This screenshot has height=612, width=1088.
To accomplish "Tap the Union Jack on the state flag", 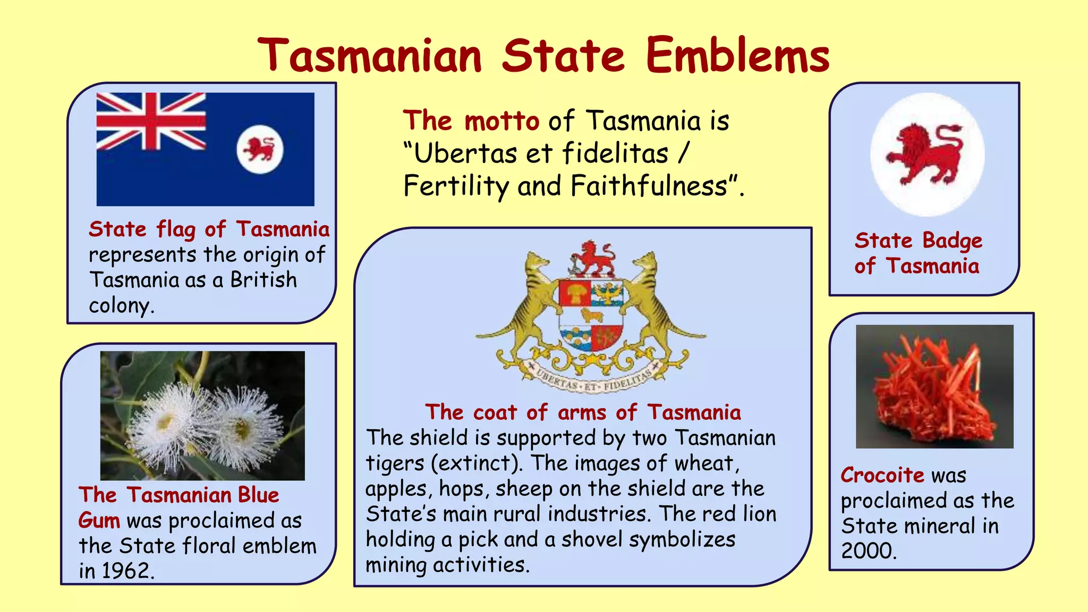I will click(151, 122).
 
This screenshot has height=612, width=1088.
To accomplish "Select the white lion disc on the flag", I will click(260, 149).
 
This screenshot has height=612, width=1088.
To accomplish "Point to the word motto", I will click(501, 121).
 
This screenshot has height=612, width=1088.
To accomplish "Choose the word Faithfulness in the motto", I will click(648, 186).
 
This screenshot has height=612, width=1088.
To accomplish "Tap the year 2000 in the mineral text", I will click(868, 551).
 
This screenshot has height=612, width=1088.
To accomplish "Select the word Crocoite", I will click(882, 475).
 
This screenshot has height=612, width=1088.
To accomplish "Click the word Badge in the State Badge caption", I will click(952, 241).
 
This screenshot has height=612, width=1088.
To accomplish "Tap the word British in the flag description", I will click(263, 280).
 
